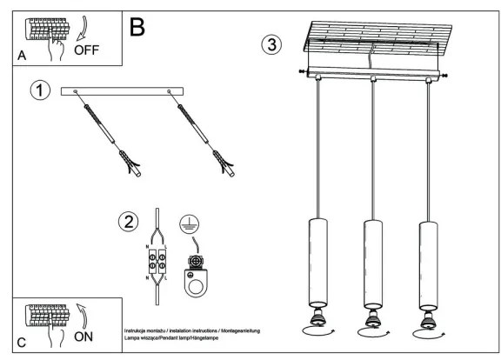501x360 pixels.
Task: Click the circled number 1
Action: (39, 90)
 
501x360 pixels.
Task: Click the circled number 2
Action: (129, 222)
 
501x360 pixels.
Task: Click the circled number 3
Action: (273, 43)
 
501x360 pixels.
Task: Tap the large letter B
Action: (137, 25)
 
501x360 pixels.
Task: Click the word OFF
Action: (88, 50)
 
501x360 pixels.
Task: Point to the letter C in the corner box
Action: (19, 342)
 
